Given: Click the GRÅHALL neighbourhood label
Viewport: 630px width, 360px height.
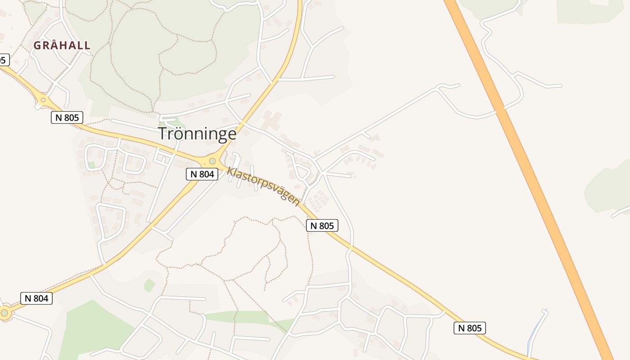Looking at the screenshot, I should pos(62,45).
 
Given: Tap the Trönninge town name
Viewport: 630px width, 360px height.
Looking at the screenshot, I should pos(197,134).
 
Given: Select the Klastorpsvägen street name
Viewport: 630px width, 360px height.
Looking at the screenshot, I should pos(263,186).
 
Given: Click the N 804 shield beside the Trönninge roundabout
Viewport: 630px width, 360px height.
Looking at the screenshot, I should pos(202,174).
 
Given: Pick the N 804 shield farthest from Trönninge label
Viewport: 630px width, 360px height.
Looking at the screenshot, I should pos(36,298).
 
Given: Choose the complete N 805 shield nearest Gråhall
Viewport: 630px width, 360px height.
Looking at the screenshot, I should pos(67,117).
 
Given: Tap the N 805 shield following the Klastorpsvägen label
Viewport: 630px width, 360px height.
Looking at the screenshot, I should pos(322,225).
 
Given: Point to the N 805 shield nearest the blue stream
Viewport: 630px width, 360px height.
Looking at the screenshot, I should pos(469,328).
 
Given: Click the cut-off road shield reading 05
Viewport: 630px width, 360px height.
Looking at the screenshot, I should pos(4,59).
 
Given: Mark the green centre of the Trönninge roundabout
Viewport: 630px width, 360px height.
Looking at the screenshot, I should pos(212,161).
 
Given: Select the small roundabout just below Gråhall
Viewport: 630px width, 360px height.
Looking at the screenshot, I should pos(44,100).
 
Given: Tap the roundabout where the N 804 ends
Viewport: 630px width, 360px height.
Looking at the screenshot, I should pos(4,312).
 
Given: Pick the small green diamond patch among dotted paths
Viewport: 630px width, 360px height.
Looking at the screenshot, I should pos(149,285).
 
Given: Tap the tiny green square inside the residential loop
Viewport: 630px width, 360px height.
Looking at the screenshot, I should pos(91,165).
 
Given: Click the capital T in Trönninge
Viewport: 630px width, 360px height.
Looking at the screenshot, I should pos(163,134).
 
